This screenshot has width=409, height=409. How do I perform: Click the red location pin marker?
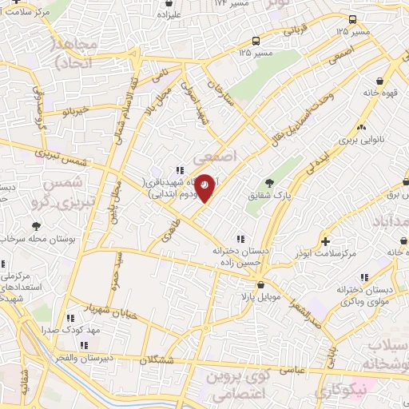(x=204, y=186)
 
